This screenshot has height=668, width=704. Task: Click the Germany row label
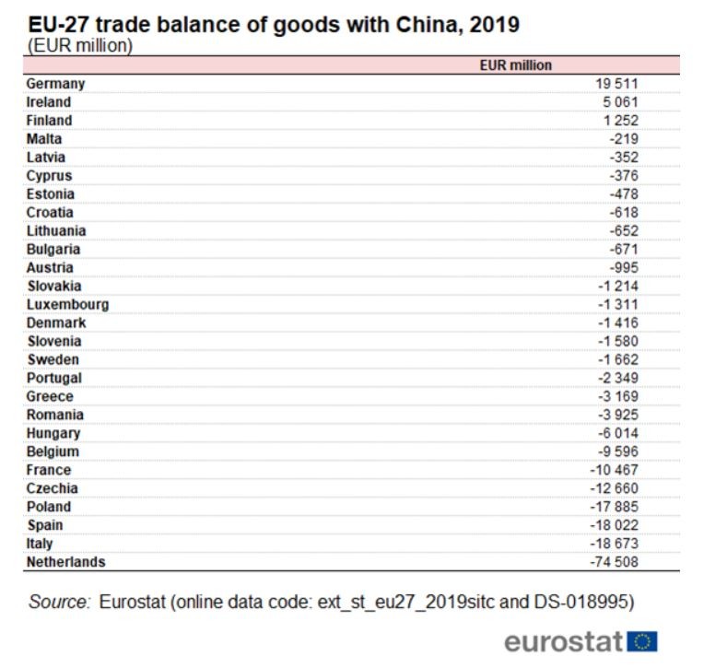(55, 85)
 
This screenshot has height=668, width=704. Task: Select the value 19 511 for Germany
(616, 84)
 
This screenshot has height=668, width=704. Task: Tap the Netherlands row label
(66, 562)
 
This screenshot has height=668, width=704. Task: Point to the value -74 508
(614, 562)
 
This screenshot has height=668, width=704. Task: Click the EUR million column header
(515, 65)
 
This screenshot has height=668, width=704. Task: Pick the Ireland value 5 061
(620, 102)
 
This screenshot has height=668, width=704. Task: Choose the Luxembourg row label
(67, 305)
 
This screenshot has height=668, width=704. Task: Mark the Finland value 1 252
(620, 121)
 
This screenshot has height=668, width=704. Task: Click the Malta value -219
(624, 139)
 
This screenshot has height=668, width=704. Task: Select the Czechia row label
(53, 488)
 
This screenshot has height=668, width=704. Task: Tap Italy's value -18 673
(614, 544)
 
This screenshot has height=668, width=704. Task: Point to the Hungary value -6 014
(617, 433)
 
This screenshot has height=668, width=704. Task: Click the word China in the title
(428, 25)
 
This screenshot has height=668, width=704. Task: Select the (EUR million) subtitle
(80, 46)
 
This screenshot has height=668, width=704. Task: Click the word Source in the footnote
(59, 602)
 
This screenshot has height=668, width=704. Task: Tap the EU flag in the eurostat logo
(642, 641)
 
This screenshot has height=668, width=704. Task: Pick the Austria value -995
(624, 267)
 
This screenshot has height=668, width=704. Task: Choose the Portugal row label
(53, 379)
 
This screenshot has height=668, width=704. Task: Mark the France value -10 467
(614, 470)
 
